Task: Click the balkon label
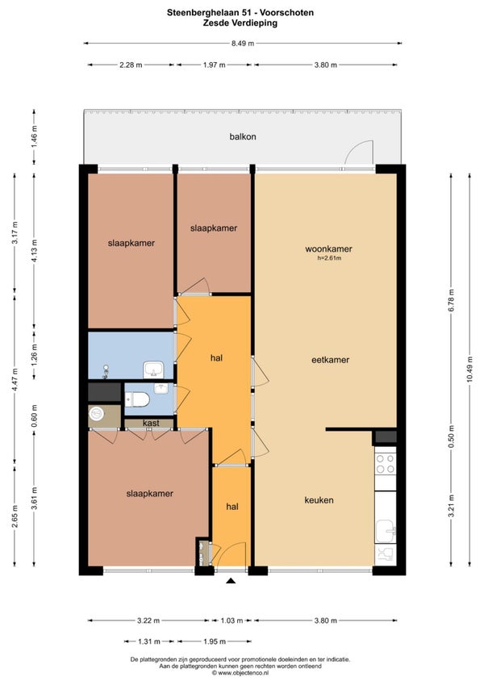pos(242,136)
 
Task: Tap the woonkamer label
pos(328,249)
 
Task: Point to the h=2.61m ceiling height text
pos(328,259)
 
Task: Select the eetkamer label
pos(330,360)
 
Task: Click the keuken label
pos(319,500)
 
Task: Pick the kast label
pos(150,423)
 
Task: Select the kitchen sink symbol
pos(386,531)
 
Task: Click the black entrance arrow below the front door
pos(231,581)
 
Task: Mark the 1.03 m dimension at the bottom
pos(232,620)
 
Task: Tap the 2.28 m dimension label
pos(131,65)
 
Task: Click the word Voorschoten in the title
pos(286,14)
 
